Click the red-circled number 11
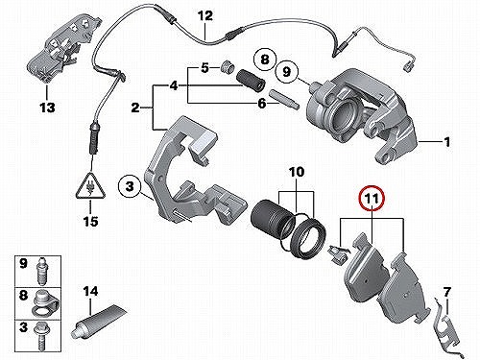[x=372, y=198]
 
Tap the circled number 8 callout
[x=265, y=60]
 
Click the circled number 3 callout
[x=130, y=185]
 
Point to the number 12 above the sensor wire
[x=205, y=15]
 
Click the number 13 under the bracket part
[x=47, y=108]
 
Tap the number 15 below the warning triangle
[x=90, y=221]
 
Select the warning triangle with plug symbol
[x=90, y=187]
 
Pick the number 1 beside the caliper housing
[x=446, y=141]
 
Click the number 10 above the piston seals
[x=297, y=172]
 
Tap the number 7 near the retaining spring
[x=446, y=292]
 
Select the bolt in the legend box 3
[x=41, y=337]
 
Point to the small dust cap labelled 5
[x=228, y=67]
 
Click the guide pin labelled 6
[x=285, y=100]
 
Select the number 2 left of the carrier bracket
[x=135, y=108]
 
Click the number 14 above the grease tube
[x=90, y=291]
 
